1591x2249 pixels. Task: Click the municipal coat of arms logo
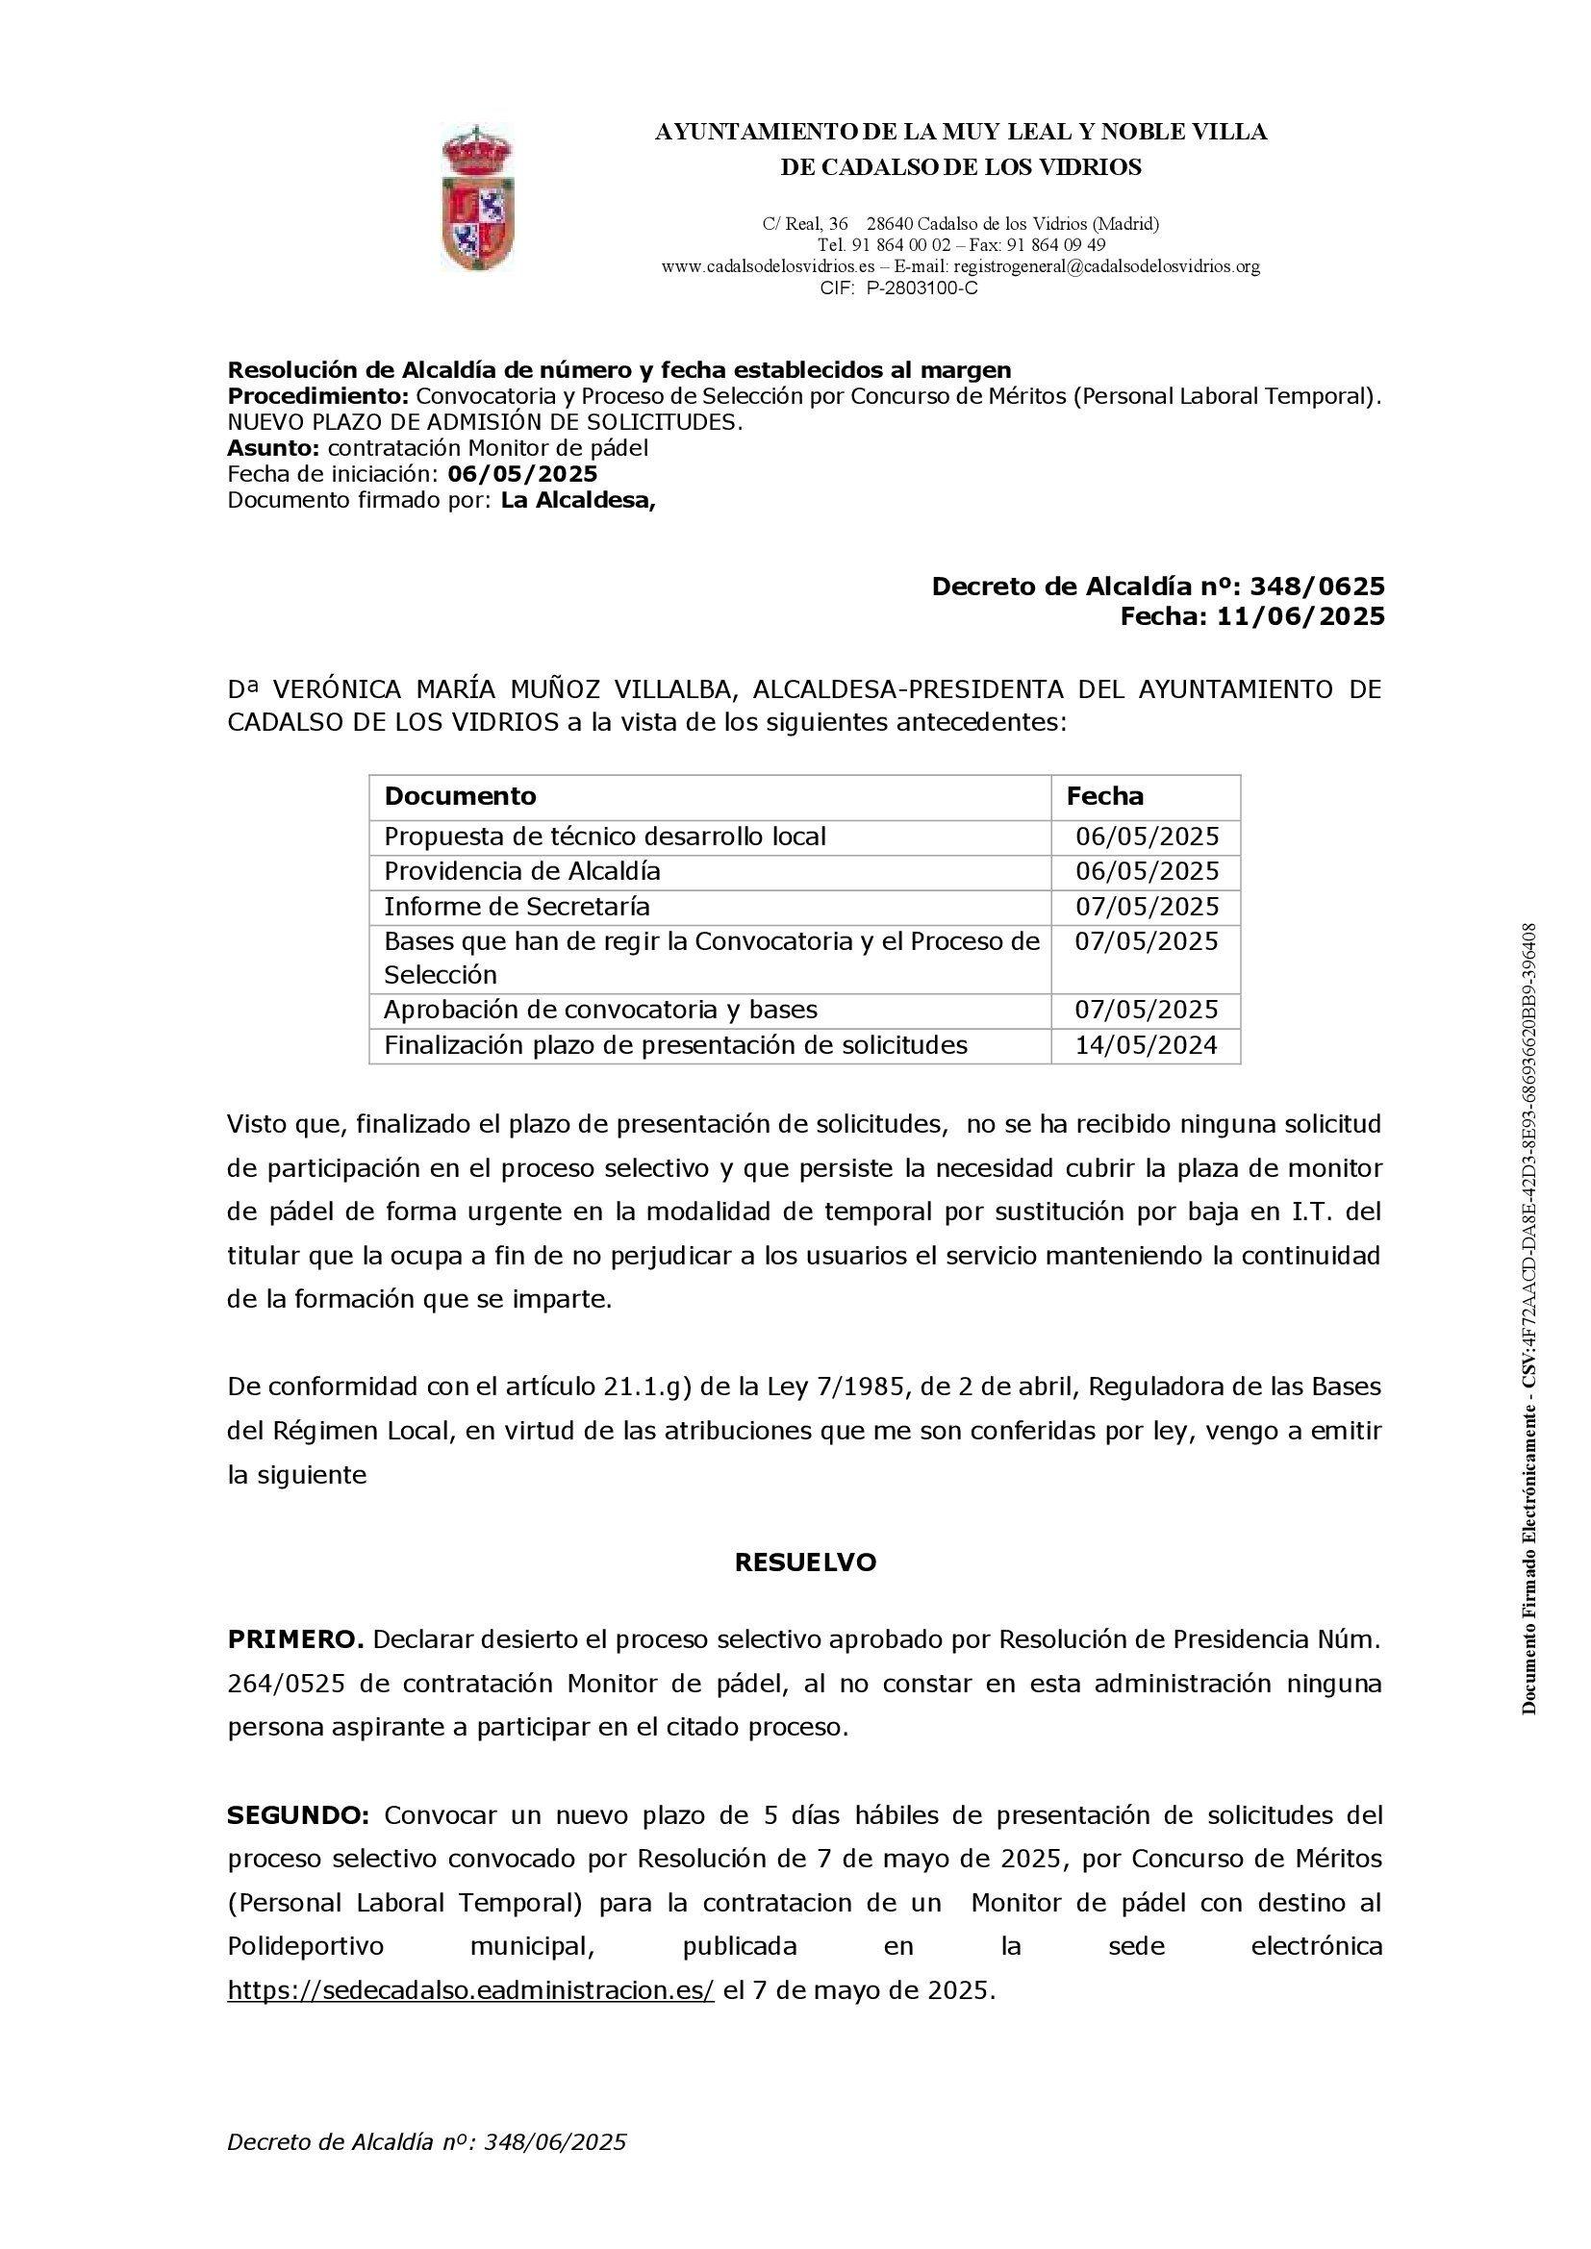[x=477, y=197]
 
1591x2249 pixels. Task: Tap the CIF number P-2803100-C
[x=922, y=288]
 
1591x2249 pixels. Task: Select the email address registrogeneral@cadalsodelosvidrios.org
[x=1106, y=266]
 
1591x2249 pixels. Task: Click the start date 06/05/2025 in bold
[x=522, y=474]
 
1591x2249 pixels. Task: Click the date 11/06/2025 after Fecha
[x=1301, y=616]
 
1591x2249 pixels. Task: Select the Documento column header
[x=461, y=795]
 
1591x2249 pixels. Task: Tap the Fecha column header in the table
[x=1104, y=795]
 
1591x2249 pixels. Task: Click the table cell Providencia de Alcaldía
[x=522, y=871]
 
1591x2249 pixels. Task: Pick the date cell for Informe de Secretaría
[x=1147, y=906]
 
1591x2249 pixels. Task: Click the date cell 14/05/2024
[x=1147, y=1045]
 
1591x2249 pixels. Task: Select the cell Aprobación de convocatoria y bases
[x=600, y=1010]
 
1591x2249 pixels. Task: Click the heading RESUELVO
[x=804, y=1562]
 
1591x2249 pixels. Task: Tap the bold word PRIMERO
[x=296, y=1639]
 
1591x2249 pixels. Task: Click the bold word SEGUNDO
[x=298, y=1815]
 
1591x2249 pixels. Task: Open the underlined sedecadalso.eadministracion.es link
[x=471, y=1990]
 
